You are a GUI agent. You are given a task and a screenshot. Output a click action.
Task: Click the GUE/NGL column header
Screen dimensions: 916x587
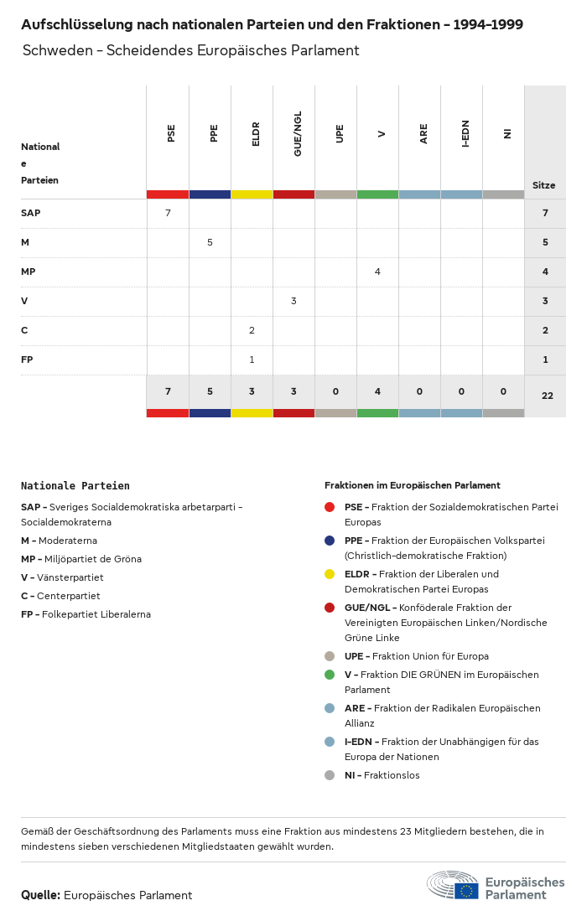(298, 134)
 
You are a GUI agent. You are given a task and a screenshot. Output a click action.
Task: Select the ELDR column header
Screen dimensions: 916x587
(256, 134)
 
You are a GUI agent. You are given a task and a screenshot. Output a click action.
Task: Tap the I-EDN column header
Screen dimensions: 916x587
(465, 134)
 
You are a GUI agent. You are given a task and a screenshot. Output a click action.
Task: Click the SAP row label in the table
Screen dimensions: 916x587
(31, 213)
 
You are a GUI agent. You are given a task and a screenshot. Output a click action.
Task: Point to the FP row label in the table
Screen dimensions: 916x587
(27, 360)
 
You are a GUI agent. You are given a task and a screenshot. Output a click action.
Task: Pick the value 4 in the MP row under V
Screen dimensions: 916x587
(377, 272)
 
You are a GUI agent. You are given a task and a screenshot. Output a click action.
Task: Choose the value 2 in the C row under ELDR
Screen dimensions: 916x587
(252, 330)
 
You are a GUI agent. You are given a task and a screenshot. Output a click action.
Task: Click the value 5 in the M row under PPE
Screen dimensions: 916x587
(210, 242)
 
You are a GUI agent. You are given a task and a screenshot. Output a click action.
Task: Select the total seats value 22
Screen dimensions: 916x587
(547, 396)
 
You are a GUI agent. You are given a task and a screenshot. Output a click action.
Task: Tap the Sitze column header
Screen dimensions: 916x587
(543, 185)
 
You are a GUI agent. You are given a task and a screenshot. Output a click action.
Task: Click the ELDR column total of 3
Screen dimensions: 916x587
(252, 391)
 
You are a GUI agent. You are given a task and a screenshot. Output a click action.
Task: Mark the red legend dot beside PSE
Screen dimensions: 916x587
(330, 507)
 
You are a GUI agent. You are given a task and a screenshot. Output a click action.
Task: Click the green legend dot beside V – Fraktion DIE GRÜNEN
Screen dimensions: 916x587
(330, 675)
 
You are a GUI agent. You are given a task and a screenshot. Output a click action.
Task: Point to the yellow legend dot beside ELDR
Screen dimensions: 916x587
(330, 574)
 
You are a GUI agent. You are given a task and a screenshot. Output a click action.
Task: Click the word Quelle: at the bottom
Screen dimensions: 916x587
(40, 895)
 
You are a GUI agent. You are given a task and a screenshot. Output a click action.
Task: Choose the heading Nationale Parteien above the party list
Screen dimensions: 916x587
(75, 485)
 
